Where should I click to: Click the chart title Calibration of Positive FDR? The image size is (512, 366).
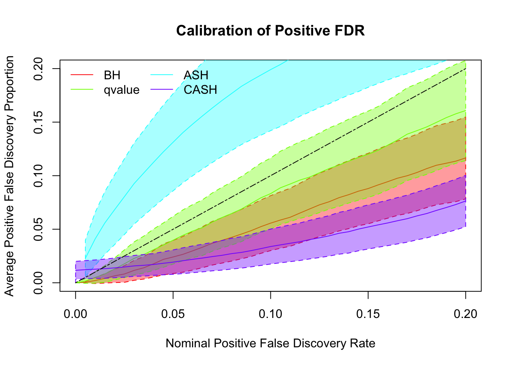270,30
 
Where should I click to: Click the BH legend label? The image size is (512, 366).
112,75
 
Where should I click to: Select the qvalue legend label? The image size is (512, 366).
122,90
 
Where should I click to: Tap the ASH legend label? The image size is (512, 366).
196,75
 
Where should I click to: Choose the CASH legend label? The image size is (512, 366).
200,90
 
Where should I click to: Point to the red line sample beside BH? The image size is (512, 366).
82,75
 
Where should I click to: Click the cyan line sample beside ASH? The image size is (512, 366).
162,75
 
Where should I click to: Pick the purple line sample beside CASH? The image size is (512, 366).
162,90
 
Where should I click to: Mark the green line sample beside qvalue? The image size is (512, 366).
82,90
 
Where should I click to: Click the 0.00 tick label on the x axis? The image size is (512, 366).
75,314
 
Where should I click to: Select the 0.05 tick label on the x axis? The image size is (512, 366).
173,314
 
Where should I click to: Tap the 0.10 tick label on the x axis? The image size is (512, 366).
270,314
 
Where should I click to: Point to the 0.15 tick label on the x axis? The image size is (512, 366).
368,314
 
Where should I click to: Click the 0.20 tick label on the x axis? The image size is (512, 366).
466,314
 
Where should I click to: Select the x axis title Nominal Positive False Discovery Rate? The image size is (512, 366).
270,344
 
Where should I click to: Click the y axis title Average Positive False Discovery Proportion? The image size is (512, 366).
9,176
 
